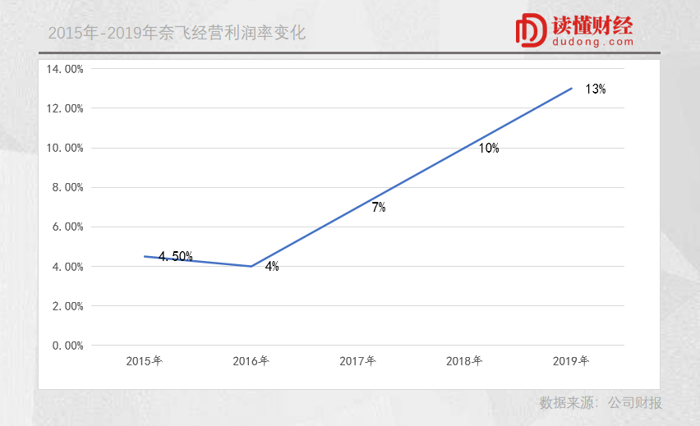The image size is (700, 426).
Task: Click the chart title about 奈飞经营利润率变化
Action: (177, 34)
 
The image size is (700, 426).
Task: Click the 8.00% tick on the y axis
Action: (67, 187)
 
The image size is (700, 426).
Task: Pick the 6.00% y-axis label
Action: (67, 227)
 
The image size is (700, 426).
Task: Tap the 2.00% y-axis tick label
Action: (67, 306)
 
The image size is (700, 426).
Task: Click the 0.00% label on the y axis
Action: (67, 346)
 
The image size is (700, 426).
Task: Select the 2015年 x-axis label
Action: (144, 361)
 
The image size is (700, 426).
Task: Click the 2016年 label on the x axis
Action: (251, 361)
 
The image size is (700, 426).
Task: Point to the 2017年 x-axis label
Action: (357, 361)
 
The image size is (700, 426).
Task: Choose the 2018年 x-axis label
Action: (464, 361)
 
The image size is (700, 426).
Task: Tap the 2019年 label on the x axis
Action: (571, 361)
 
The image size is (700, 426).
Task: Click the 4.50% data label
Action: (175, 257)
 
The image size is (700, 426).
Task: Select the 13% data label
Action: (596, 89)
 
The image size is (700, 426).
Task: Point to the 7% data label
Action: (378, 208)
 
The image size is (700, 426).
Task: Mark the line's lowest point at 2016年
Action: (251, 266)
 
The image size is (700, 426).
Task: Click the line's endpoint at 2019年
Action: (571, 89)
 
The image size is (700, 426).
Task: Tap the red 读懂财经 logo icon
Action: (531, 30)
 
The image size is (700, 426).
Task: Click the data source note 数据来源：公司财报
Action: (601, 403)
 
